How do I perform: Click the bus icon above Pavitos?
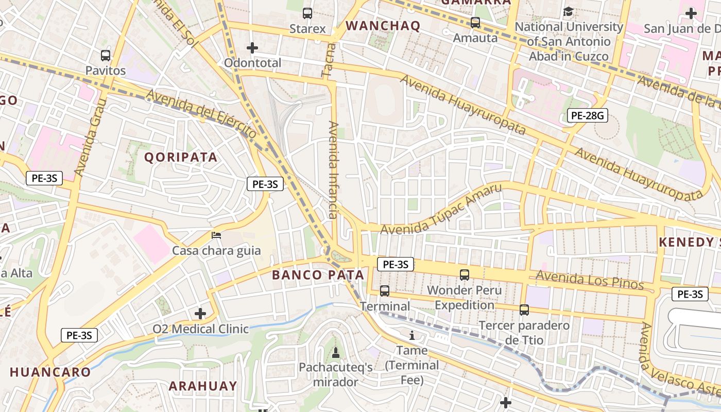[106, 55]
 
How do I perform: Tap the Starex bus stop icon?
[307, 13]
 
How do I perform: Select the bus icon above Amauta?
[475, 23]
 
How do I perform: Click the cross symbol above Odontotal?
[252, 48]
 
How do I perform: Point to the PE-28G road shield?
[588, 116]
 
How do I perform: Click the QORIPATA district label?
[181, 157]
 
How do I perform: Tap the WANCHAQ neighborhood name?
[383, 26]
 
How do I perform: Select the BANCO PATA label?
[318, 275]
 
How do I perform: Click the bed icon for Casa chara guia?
[216, 235]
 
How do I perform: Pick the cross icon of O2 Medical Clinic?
[200, 313]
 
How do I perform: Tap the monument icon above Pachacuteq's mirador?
[336, 353]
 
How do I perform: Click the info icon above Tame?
[411, 336]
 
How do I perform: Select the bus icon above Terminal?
[385, 291]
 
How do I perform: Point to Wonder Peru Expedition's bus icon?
[465, 274]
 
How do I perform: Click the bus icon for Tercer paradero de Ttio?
[524, 310]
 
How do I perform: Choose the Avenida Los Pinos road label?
[590, 280]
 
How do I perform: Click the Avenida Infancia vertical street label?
[333, 170]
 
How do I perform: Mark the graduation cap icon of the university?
[568, 11]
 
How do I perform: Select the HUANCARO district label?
[50, 372]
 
